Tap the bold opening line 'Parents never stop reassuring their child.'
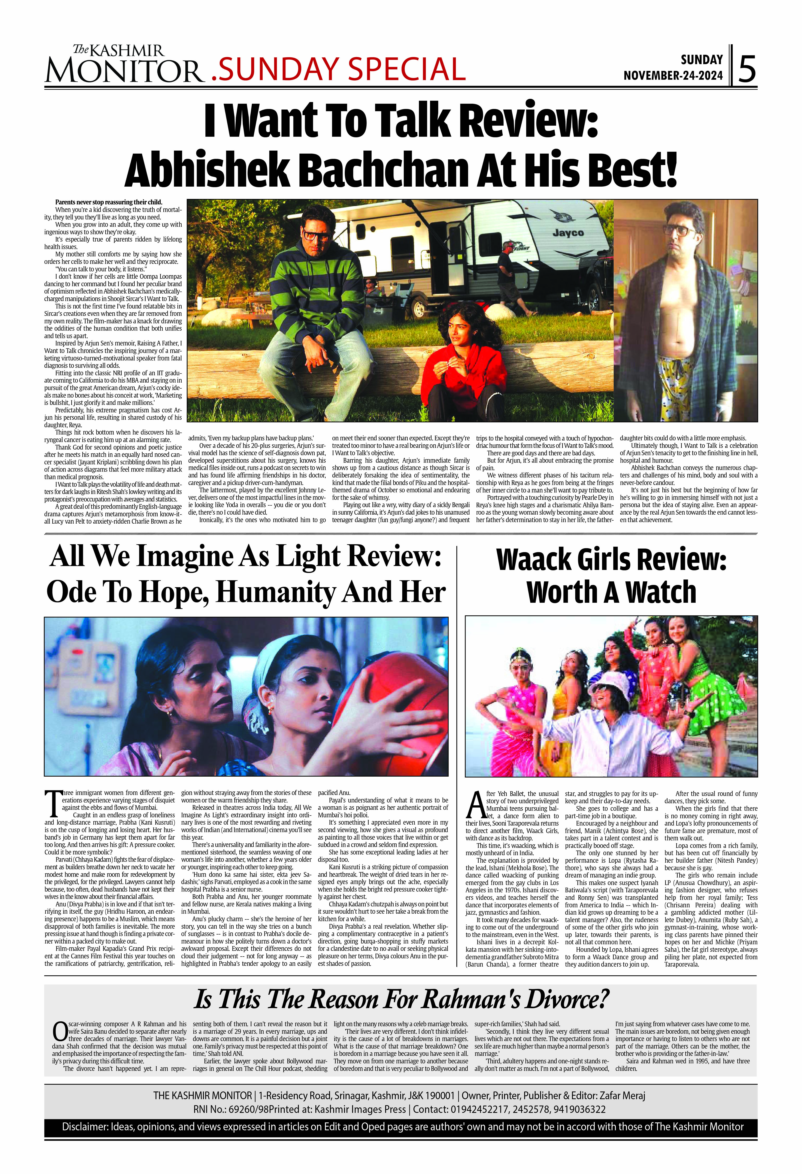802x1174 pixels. [x=109, y=202]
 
